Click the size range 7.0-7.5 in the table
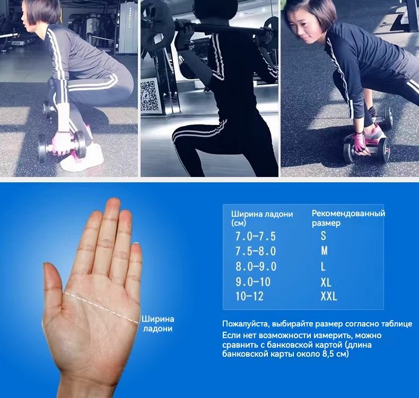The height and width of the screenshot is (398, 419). (x=255, y=236)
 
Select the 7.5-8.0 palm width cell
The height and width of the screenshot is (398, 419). (x=256, y=251)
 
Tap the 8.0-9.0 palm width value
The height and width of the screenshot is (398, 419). (x=256, y=267)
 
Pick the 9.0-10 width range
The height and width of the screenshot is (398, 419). (x=253, y=282)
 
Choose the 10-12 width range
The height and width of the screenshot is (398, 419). (x=249, y=296)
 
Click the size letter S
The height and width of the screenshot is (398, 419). (x=324, y=236)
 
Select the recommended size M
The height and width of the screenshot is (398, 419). (x=324, y=251)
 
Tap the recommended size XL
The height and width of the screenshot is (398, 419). (x=326, y=282)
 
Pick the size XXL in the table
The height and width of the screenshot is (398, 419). (x=329, y=296)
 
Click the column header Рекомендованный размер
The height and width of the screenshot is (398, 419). (x=348, y=218)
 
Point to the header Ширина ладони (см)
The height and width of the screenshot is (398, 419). (x=262, y=218)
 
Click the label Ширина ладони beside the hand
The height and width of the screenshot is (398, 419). (x=158, y=323)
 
